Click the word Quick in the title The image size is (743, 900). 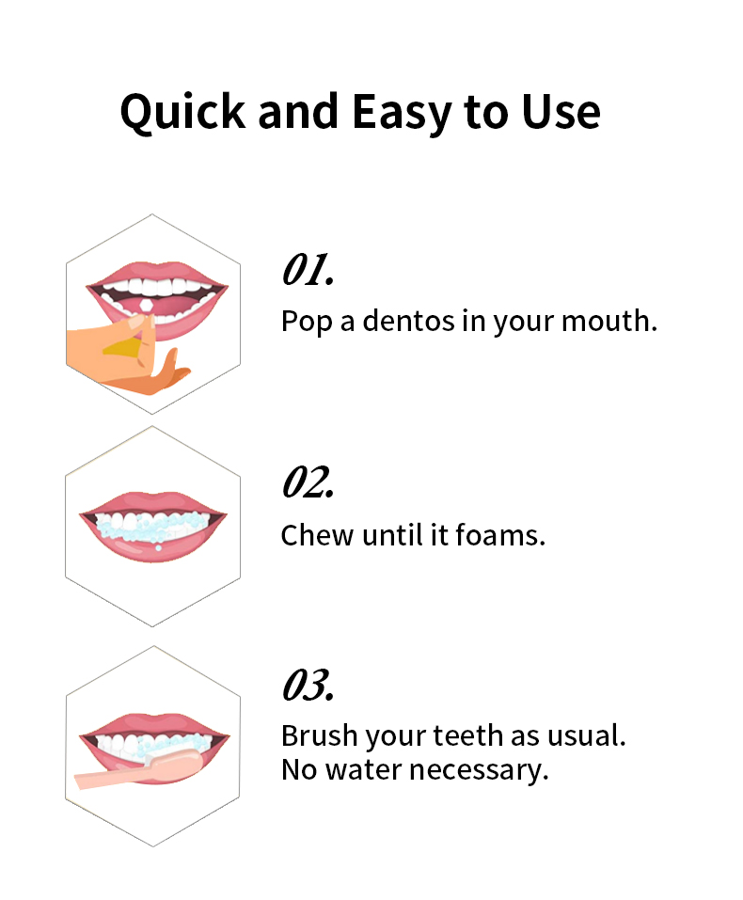point(182,112)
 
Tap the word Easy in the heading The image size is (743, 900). point(401,113)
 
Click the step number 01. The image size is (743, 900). point(308,269)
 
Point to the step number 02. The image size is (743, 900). point(308,482)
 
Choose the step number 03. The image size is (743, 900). point(308,685)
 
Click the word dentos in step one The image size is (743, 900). point(408,321)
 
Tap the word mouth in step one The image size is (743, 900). point(609,321)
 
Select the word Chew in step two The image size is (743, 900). point(317,535)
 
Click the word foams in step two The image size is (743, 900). point(499,535)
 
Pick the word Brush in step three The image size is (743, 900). point(319,735)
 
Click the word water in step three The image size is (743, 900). point(363,769)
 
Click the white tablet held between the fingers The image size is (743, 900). point(147,306)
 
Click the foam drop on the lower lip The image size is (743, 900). point(158,547)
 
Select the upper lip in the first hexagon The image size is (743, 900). point(157,274)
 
